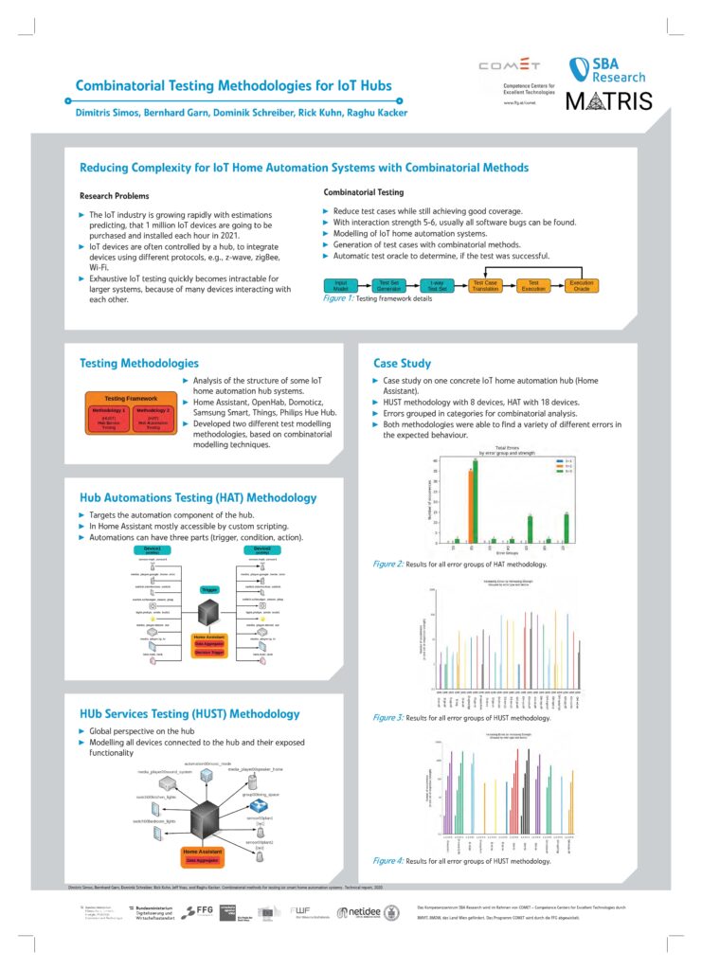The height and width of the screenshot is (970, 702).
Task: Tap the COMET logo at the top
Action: point(510,65)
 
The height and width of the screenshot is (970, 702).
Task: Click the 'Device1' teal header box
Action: point(153,550)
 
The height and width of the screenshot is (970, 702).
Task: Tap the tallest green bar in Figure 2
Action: point(476,502)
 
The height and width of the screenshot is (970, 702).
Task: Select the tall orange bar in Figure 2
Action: point(470,506)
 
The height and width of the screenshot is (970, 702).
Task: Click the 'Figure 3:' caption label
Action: point(387,717)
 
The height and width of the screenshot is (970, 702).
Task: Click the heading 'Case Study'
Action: point(402,363)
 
